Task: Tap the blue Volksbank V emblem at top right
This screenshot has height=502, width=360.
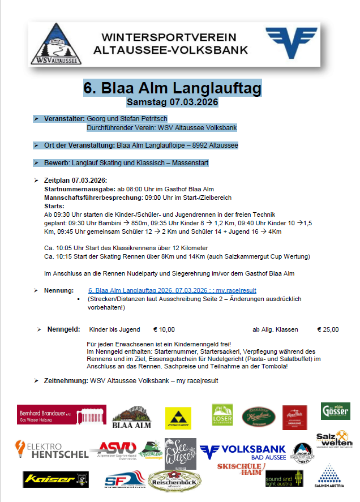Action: pos(291,42)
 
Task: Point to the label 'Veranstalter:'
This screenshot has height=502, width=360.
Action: pos(64,119)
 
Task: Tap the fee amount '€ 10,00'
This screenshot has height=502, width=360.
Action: pos(164,329)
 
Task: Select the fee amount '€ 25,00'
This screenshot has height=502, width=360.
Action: pos(328,329)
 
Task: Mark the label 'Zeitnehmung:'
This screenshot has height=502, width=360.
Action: pos(66,381)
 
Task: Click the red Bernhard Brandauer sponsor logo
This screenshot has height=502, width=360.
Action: pos(61,415)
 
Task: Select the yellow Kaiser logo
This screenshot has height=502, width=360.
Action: pos(55,479)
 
